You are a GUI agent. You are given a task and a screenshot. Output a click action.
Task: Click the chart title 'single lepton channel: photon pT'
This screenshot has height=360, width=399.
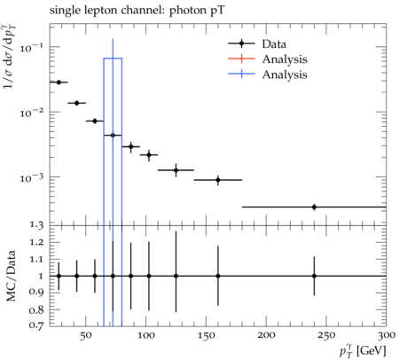pos(137,11)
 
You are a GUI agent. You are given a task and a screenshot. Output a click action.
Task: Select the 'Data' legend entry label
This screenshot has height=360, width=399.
pos(274,44)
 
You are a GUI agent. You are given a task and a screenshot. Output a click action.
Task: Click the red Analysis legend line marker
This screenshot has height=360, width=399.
pos(241,59)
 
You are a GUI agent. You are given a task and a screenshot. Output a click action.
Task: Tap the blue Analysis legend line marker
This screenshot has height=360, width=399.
pos(241,74)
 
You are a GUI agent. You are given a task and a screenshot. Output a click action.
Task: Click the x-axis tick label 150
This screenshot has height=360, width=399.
pos(206,336)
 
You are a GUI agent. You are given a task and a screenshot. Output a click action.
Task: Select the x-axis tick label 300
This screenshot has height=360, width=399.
pos(387,336)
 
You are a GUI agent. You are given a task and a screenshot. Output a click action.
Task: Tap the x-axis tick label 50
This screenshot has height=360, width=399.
pos(85,336)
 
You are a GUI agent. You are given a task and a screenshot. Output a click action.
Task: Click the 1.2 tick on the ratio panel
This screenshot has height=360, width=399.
pos(36,242)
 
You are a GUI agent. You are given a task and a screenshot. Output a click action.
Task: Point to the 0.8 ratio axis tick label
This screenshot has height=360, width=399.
pos(36,310)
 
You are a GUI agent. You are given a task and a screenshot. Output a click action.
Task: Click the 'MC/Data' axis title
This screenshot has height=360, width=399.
pos(11,276)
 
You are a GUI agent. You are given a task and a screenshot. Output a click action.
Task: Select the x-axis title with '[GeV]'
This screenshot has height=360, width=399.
pos(363,351)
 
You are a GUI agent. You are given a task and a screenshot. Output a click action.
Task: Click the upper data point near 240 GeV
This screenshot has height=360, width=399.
pos(314,207)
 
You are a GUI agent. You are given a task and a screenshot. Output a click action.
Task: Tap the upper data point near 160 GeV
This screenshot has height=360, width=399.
pos(218,180)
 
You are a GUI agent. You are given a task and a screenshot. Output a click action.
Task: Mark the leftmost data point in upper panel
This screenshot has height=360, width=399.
pos(59,82)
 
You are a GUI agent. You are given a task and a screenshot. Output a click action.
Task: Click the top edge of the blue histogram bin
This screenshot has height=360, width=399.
pos(113,59)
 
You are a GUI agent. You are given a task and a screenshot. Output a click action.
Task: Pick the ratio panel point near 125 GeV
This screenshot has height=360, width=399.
pos(176,276)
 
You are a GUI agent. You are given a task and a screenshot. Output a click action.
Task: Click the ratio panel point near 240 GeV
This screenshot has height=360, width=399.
pos(314,276)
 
